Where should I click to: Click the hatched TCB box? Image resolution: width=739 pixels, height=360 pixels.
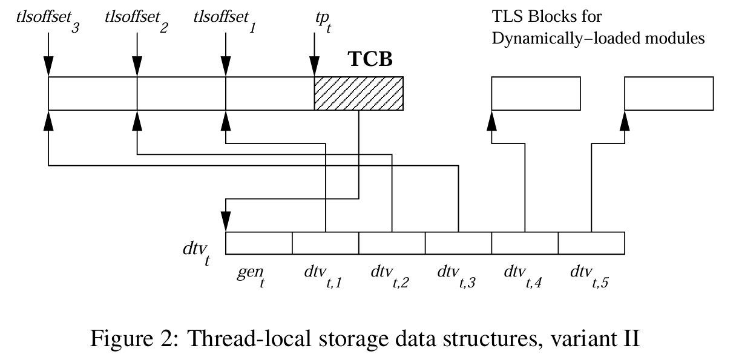(x=358, y=93)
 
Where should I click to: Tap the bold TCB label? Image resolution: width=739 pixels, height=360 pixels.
(x=370, y=59)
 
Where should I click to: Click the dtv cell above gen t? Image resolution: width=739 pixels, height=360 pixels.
(x=259, y=243)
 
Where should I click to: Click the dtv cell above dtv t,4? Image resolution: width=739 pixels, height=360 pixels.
(x=524, y=243)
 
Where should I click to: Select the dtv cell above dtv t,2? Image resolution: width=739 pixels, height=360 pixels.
(x=392, y=243)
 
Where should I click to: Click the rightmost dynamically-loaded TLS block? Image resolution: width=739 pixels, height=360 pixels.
(x=669, y=93)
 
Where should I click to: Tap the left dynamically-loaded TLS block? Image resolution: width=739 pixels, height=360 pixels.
(x=536, y=93)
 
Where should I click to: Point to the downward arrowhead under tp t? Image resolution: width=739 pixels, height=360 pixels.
(x=314, y=67)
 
